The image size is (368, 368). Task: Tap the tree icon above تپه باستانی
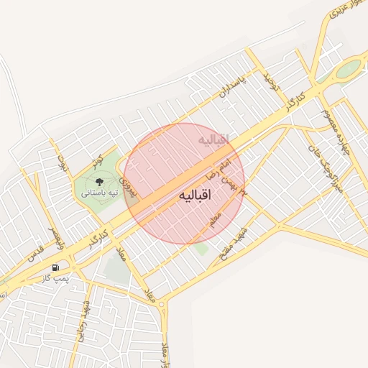[99, 182]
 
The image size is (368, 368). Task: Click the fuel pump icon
[56, 268]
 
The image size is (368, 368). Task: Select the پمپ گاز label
[55, 277]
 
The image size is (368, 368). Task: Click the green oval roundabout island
[348, 70]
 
